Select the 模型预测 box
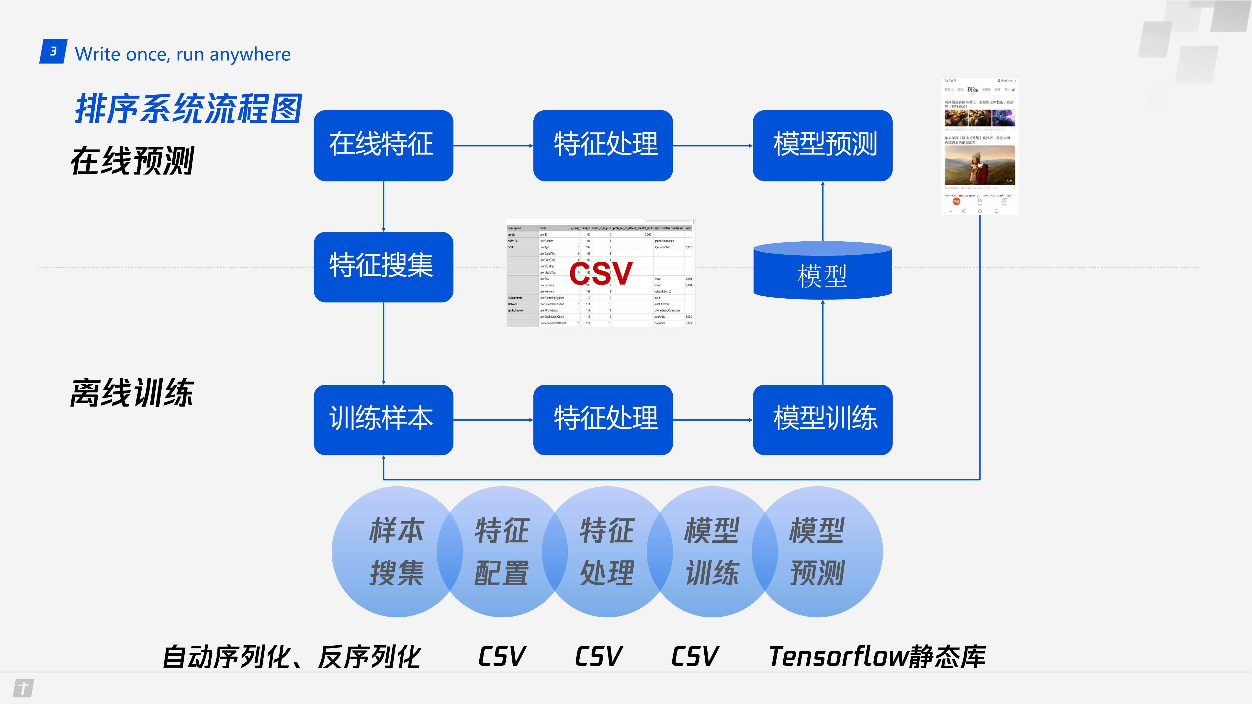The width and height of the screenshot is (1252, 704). (822, 145)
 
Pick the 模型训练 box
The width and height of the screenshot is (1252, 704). (822, 419)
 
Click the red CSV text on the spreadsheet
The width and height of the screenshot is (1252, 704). (601, 274)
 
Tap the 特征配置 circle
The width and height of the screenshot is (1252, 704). (502, 551)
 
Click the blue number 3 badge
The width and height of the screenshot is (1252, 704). (54, 52)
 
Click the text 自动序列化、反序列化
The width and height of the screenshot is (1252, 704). (292, 657)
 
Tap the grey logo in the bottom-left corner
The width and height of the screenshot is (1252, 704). (23, 688)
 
